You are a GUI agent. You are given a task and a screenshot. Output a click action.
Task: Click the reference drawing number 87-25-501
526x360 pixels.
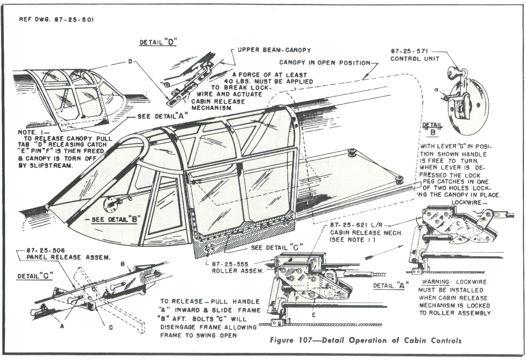pos(74,20)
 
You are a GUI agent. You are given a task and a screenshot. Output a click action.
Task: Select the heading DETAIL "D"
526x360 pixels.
pos(158,42)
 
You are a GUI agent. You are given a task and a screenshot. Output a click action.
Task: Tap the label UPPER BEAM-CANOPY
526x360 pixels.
pos(274,50)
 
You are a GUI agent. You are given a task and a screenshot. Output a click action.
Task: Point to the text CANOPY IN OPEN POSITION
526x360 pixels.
pos(324,63)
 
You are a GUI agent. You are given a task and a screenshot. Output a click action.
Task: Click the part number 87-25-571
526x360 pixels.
pos(409,51)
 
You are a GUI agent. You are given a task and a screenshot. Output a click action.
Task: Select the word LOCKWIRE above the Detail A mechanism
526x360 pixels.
pos(466,202)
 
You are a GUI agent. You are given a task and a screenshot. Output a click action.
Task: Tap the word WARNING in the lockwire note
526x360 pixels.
pos(436,282)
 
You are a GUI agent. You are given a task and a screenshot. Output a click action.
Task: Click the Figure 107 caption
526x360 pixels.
pos(366,340)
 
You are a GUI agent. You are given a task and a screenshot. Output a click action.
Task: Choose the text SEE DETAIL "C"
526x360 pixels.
pos(277,248)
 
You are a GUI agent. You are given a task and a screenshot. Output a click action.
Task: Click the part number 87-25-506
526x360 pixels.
pos(45,251)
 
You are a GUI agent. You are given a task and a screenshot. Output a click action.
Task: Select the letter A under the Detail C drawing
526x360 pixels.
pos(61,326)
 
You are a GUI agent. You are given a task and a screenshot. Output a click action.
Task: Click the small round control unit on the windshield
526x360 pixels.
pos(110,204)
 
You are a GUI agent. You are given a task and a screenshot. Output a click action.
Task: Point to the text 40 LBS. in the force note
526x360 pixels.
pos(239,82)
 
